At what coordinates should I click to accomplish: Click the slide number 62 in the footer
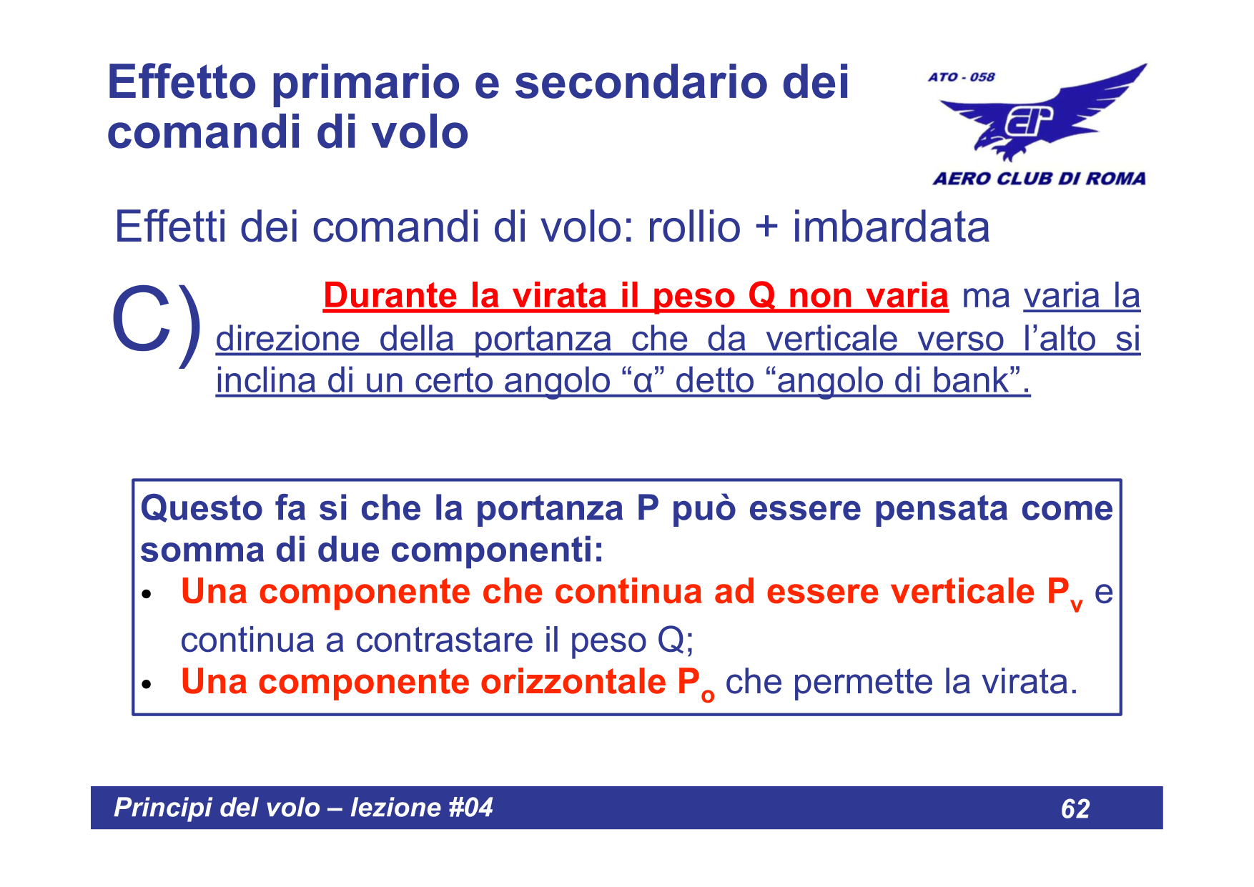(1075, 808)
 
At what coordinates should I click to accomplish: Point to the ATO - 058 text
(961, 77)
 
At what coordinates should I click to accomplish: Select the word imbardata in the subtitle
(891, 227)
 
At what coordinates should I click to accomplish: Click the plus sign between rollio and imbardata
(766, 227)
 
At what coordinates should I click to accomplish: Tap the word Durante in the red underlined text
(390, 296)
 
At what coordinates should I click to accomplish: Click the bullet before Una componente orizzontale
(147, 685)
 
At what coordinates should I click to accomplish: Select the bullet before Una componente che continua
(147, 595)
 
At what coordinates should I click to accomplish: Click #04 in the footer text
(470, 808)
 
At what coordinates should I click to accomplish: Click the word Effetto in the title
(182, 82)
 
